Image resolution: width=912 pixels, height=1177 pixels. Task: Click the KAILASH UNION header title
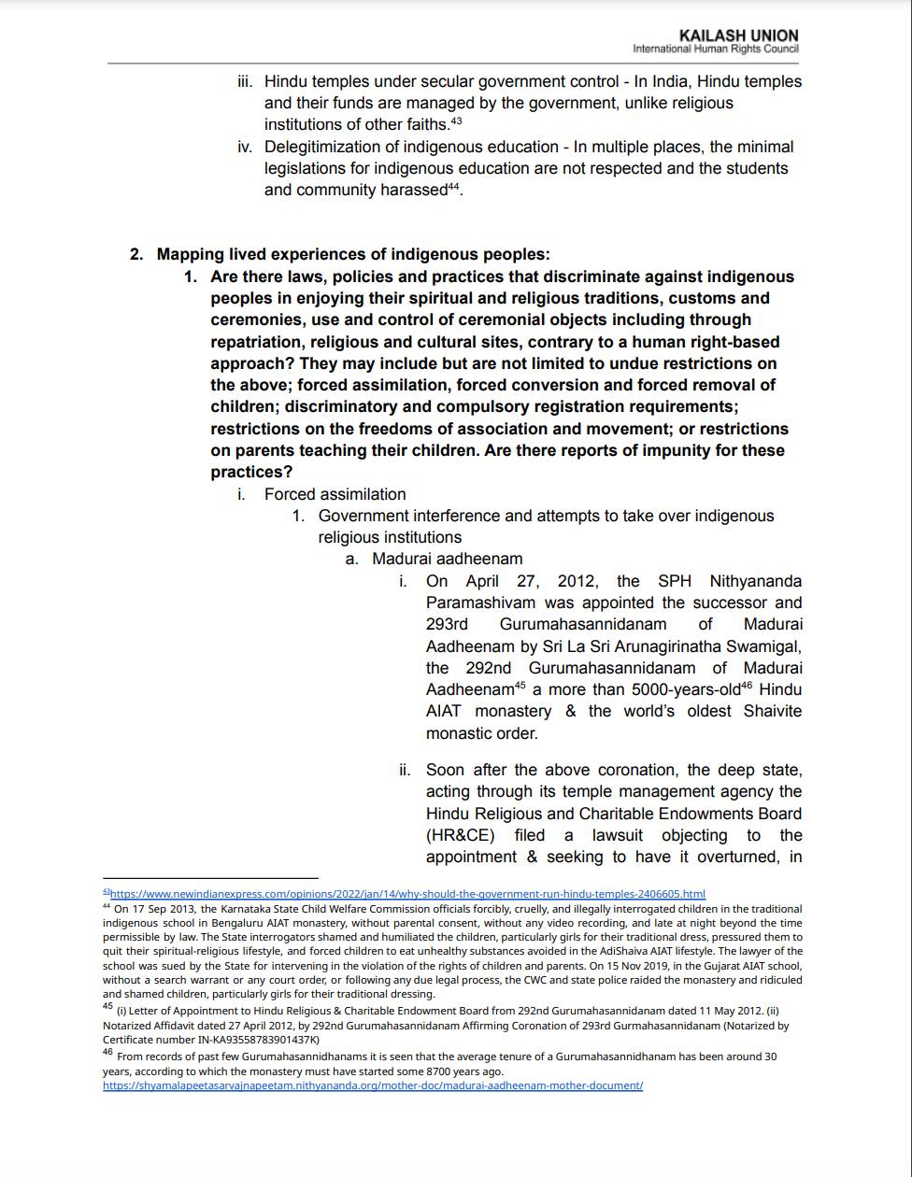(x=738, y=35)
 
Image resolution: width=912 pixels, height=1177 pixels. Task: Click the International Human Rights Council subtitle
(x=715, y=49)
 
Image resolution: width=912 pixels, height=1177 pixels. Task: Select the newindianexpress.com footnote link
(x=407, y=894)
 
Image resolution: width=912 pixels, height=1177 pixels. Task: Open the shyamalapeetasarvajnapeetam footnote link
(x=373, y=1085)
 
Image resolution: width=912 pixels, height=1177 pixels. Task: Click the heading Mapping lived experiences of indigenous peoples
(x=353, y=254)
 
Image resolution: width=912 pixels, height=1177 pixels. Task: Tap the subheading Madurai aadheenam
(x=447, y=559)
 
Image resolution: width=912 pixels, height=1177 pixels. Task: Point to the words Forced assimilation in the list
(x=335, y=494)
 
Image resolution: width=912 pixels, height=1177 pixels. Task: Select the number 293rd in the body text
(x=447, y=624)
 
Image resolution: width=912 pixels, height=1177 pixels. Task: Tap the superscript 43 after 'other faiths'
(x=456, y=121)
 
